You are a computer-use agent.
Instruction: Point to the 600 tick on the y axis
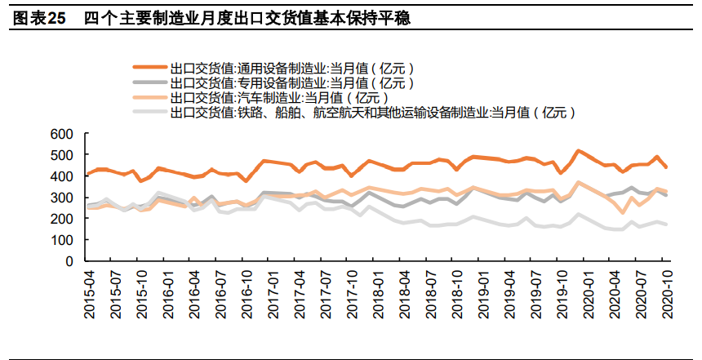tap(62, 133)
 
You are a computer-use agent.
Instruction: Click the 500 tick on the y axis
tap(62, 154)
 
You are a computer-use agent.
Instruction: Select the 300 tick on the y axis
tap(62, 198)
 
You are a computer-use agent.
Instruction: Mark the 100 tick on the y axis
tap(62, 240)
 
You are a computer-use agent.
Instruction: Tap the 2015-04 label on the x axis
tap(91, 293)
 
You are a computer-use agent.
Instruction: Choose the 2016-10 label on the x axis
tap(245, 293)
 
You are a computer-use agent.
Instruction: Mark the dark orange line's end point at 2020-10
tap(666, 167)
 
